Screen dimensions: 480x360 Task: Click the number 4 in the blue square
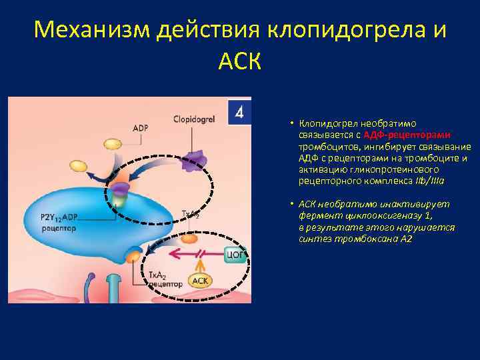pyautogui.click(x=239, y=111)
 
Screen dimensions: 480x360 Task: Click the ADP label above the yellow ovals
pyautogui.click(x=141, y=128)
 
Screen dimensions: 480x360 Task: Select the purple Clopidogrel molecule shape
pyautogui.click(x=195, y=160)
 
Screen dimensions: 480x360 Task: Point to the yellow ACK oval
pyautogui.click(x=200, y=281)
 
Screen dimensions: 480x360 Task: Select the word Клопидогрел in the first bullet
pyautogui.click(x=327, y=124)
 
